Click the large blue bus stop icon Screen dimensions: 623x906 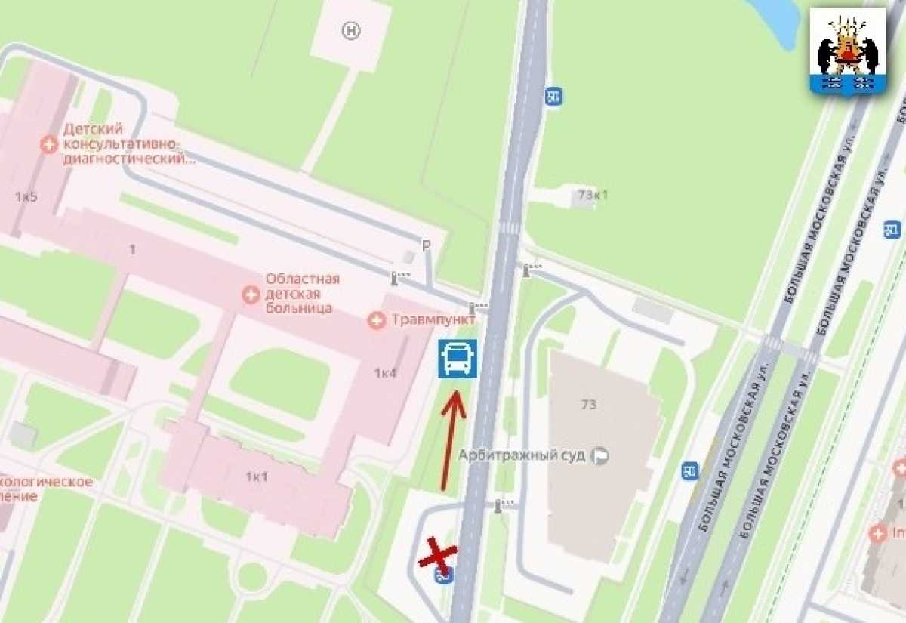click(x=457, y=358)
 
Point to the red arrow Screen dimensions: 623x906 click(x=451, y=438)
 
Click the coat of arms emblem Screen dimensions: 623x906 click(x=847, y=51)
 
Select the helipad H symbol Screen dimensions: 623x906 click(x=351, y=31)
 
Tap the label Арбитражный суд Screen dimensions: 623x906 click(x=522, y=455)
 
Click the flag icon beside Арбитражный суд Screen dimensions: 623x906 click(x=601, y=455)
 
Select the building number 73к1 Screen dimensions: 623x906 click(x=593, y=194)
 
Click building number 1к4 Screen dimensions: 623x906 click(x=385, y=372)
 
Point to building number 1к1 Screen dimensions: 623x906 click(x=257, y=476)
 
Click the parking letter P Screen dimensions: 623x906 click(x=426, y=245)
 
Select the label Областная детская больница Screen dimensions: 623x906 click(x=302, y=293)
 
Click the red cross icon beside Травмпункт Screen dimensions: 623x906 click(x=376, y=320)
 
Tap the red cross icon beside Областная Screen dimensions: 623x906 click(x=250, y=294)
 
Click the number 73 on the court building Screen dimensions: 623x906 click(x=589, y=404)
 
